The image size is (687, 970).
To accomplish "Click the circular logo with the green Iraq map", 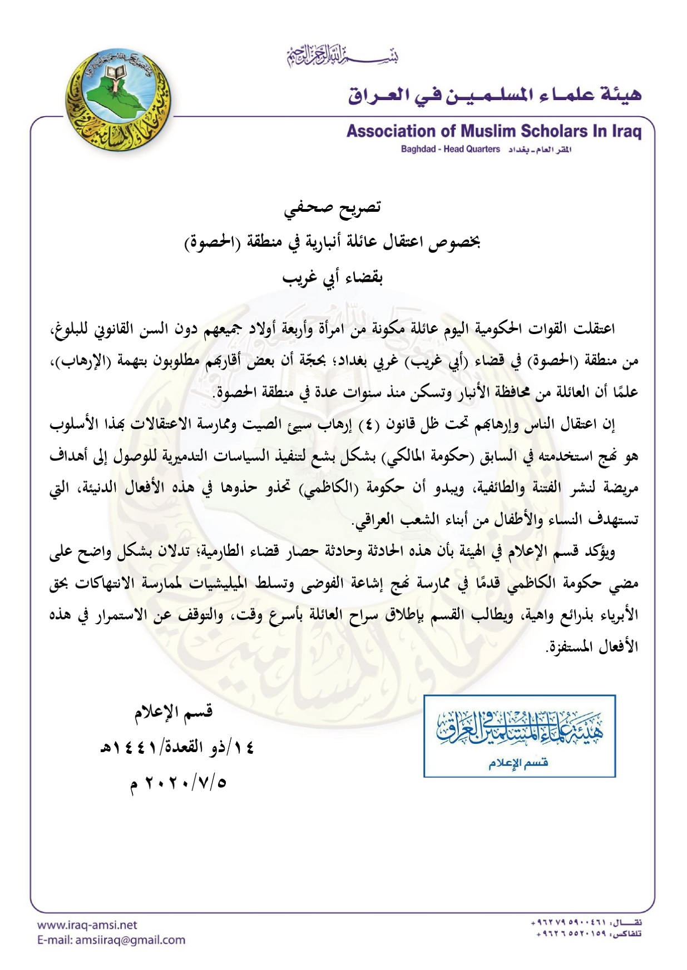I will coord(117,102).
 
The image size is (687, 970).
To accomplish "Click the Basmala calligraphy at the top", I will coord(343,56).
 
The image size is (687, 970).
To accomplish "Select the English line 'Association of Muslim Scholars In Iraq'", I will coord(493,131).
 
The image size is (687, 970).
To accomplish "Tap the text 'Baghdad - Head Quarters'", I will coord(450,150).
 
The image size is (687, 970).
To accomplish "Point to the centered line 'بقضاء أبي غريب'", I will coord(333,277).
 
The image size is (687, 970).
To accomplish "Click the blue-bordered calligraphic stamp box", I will coord(519,735).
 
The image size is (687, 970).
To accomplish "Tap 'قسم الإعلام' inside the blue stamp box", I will coord(518,763).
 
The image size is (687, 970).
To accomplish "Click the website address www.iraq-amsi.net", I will coord(87,925).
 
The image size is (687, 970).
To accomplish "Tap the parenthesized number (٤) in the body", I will coord(367,425).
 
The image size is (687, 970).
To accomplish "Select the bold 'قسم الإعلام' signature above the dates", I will coord(174,712).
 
